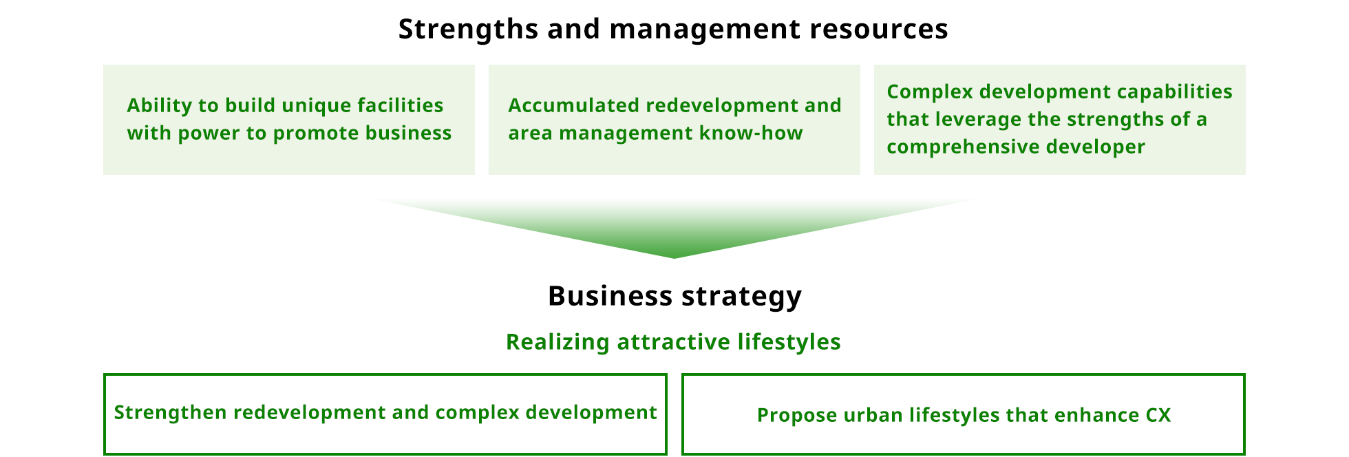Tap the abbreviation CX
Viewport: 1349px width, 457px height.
click(x=1158, y=415)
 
